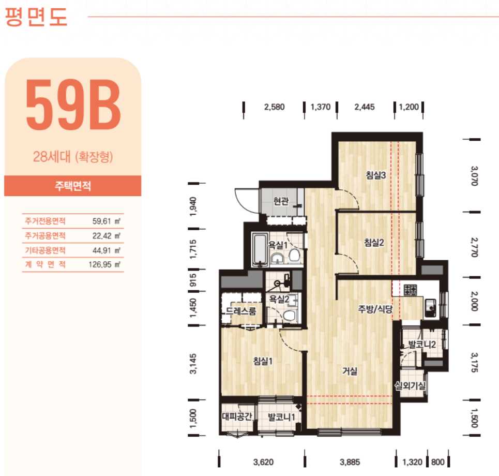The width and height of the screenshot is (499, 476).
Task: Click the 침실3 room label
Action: click(375, 175)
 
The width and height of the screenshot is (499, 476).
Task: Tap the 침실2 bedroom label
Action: click(374, 243)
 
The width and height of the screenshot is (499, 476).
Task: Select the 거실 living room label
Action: click(350, 371)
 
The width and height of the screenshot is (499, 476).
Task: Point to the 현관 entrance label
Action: click(281, 201)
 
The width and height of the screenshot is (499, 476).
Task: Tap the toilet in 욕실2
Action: click(289, 316)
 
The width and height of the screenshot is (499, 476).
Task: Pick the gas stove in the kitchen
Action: click(410, 290)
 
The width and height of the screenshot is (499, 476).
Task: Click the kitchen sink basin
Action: click(430, 307)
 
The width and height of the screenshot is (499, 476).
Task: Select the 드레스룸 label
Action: click(240, 310)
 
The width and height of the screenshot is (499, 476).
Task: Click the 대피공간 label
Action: click(237, 416)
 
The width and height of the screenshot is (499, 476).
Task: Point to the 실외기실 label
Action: click(410, 386)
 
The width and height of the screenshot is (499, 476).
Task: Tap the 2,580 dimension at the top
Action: click(275, 107)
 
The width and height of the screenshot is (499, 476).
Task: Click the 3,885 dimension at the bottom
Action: click(350, 462)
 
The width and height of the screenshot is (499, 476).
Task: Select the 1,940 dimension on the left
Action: click(193, 206)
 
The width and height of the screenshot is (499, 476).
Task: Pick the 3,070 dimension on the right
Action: click(474, 176)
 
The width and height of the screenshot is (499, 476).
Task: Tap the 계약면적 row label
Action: click(45, 264)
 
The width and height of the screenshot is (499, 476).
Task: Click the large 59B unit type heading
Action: click(73, 105)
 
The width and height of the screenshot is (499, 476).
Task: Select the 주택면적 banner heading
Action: click(73, 186)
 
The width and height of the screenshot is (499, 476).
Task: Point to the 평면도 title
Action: click(36, 17)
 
